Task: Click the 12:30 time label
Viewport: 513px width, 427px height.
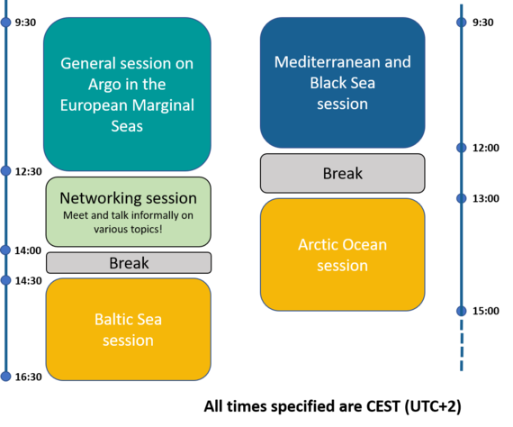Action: coord(29,171)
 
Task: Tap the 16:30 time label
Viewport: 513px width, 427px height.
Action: coord(29,377)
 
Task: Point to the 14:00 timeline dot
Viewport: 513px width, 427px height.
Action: coord(5,250)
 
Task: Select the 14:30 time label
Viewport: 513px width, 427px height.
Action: coord(29,281)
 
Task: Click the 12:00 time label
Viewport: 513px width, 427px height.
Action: coord(486,148)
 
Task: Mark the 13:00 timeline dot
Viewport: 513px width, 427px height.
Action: coord(462,198)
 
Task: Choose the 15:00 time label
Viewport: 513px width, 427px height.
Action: coord(486,311)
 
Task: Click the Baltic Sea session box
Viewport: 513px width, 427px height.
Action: coord(128,330)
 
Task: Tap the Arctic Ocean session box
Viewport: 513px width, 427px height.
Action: coord(343,254)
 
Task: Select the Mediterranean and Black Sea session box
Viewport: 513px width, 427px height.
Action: coord(343,83)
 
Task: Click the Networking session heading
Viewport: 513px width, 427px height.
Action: coord(128,198)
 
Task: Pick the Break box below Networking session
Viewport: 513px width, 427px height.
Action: coord(129,263)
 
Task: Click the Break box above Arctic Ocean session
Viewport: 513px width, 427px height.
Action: coord(343,173)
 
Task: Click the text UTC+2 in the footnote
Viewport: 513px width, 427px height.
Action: coord(433,406)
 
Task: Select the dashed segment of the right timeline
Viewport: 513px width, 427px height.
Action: coord(462,345)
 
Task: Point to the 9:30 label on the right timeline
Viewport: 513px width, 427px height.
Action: coord(483,23)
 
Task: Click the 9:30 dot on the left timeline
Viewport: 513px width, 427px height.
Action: coord(5,22)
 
